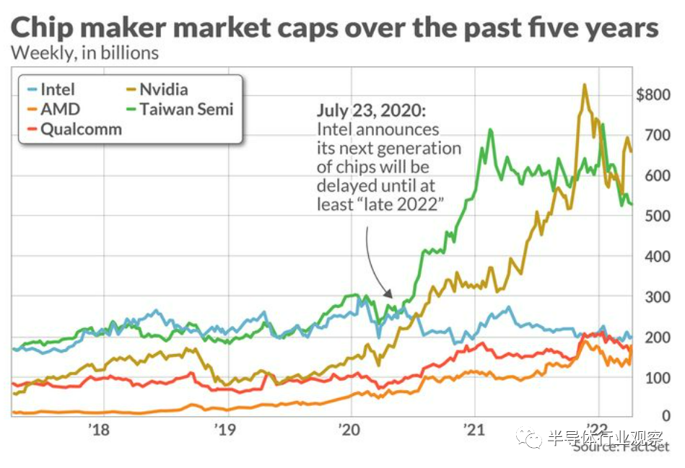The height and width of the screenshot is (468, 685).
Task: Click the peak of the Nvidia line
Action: click(584, 85)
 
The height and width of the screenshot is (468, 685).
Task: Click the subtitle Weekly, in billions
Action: click(85, 53)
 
